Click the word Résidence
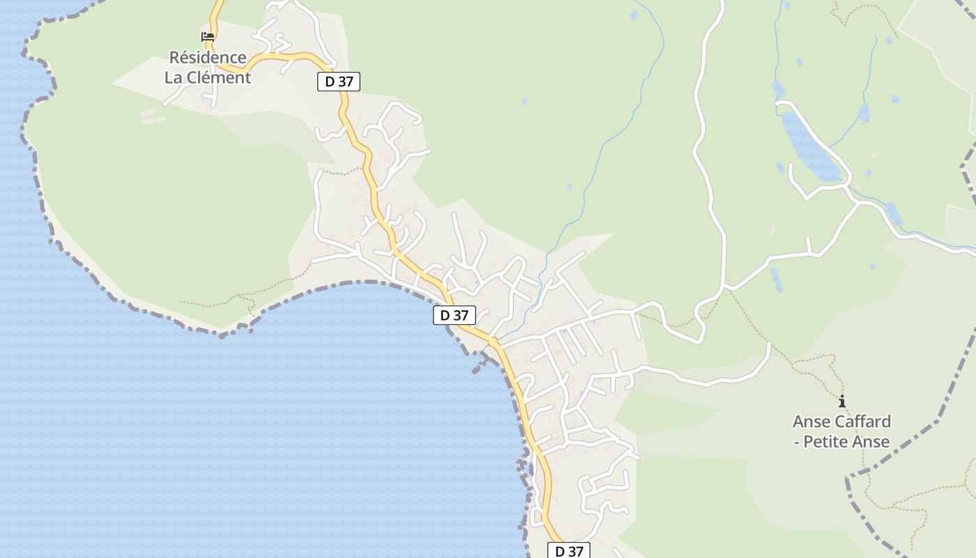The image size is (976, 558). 208,57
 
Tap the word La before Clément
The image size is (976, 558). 173,77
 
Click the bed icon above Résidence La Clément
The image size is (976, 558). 208,37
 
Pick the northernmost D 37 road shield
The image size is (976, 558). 339,82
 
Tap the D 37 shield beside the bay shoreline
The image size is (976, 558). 455,315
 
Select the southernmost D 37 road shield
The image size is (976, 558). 569,551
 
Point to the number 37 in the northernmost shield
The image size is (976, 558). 346,82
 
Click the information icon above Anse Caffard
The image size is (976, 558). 842,401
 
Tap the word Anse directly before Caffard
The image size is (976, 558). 811,421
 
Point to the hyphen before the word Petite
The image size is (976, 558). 796,442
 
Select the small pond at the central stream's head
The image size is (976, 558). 634,15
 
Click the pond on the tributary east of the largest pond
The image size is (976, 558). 864,112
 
